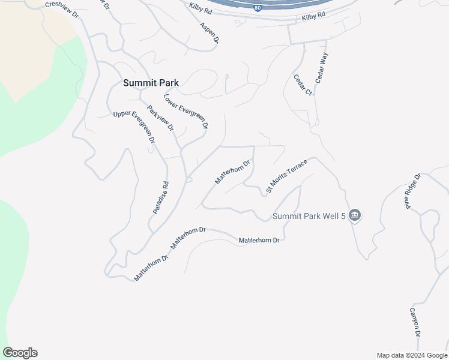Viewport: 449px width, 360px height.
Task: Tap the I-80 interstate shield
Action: coord(258,8)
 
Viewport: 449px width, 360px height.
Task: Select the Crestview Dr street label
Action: coord(62,9)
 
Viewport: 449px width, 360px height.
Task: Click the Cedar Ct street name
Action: coord(303,85)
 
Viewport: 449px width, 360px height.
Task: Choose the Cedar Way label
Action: coord(322,67)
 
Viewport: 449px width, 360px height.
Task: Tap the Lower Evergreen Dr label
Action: coord(185,112)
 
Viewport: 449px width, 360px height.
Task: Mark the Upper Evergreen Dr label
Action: coord(134,127)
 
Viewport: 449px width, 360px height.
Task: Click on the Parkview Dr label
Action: coord(160,119)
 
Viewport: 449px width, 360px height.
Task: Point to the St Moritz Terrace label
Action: coord(286,176)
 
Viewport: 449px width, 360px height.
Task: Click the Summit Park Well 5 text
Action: coord(309,216)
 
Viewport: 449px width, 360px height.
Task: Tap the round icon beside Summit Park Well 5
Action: coord(354,215)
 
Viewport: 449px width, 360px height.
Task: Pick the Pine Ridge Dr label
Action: coord(414,192)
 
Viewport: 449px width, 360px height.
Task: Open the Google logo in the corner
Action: coord(20,353)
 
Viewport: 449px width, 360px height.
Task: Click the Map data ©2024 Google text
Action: coord(412,355)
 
